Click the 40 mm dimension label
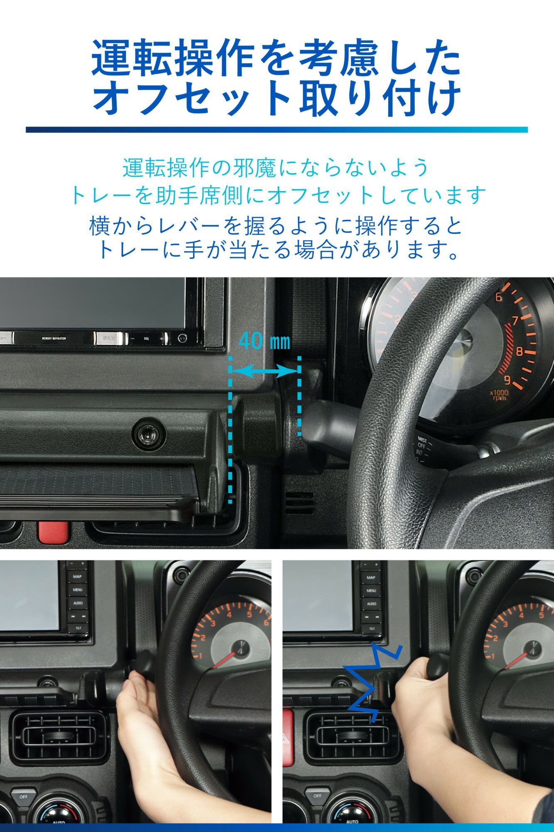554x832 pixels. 264,342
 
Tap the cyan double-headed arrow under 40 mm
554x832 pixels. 265,371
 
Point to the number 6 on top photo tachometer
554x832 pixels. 499,297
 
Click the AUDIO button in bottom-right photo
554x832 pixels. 371,603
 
